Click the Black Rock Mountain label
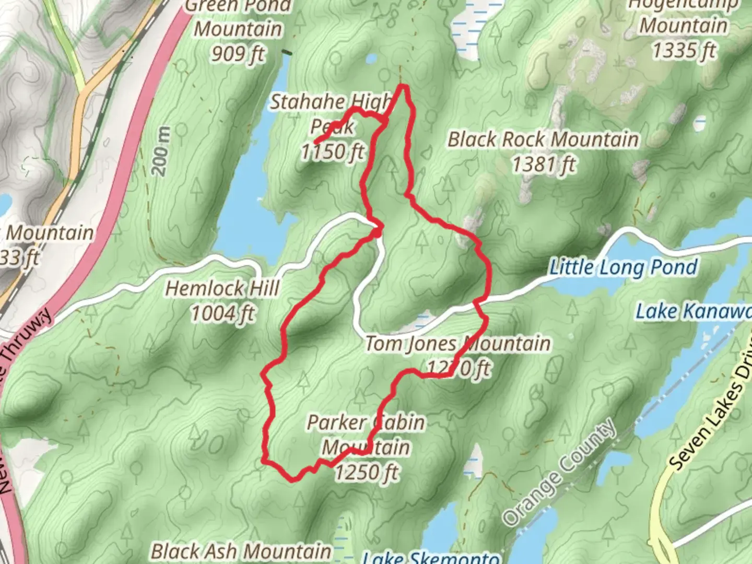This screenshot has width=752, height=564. point(543,139)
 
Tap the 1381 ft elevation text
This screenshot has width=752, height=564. point(543,165)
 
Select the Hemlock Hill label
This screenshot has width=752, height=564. point(222,288)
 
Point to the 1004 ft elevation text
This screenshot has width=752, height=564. point(222,314)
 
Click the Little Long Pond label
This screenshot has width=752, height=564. point(623,267)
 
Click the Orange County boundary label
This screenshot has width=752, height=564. point(559,472)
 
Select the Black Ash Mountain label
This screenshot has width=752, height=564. point(241,551)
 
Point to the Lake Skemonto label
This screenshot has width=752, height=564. point(431,557)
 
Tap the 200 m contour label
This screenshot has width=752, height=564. point(161,152)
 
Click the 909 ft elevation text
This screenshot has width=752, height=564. point(238,53)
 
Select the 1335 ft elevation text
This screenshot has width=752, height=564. point(684,51)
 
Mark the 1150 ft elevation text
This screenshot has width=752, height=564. point(332,152)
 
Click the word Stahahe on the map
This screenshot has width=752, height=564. point(307,102)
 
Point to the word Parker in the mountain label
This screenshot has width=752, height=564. point(336,422)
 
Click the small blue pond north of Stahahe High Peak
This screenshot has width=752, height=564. point(371,58)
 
